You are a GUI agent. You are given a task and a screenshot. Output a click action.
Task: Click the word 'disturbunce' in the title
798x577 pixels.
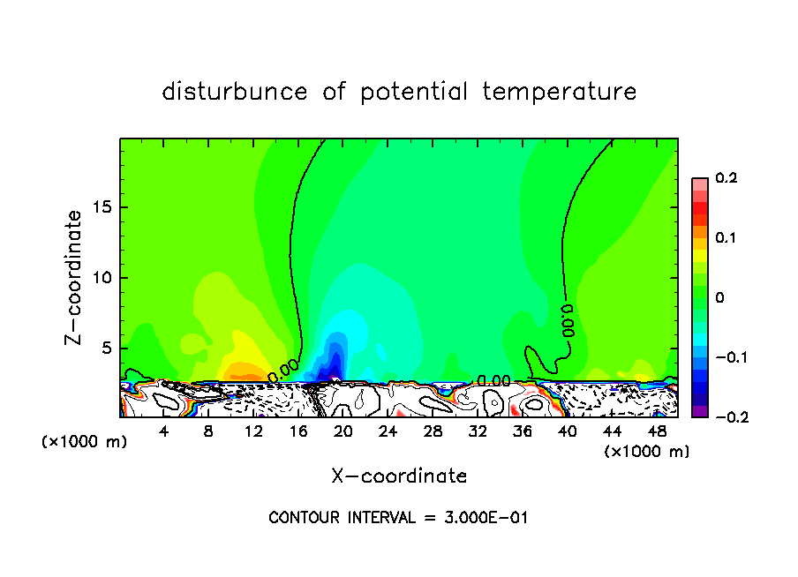tap(235, 92)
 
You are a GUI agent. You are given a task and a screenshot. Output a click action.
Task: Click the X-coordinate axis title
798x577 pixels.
tap(399, 476)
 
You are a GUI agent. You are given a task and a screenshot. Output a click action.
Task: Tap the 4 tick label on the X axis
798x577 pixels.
tap(163, 431)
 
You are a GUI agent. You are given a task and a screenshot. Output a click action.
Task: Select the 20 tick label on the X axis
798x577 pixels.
tap(343, 431)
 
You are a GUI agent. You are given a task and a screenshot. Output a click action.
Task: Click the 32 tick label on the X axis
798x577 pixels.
tap(478, 431)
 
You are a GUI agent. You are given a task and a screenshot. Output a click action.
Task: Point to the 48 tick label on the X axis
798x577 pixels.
tap(657, 431)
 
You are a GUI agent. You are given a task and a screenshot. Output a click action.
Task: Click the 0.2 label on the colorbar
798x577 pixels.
tap(726, 178)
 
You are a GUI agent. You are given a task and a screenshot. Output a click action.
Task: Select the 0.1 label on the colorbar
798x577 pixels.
tap(726, 238)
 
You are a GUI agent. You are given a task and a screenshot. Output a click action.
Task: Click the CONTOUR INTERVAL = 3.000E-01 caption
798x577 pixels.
tap(398, 518)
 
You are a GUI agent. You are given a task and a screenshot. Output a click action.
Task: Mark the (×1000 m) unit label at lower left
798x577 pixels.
tap(85, 442)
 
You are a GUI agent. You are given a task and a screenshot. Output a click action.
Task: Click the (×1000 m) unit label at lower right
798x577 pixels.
tap(647, 452)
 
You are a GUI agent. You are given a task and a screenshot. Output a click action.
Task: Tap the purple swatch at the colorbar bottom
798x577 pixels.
tap(699, 411)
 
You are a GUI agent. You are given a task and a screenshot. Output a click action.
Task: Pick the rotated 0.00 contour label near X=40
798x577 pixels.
tap(568, 322)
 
